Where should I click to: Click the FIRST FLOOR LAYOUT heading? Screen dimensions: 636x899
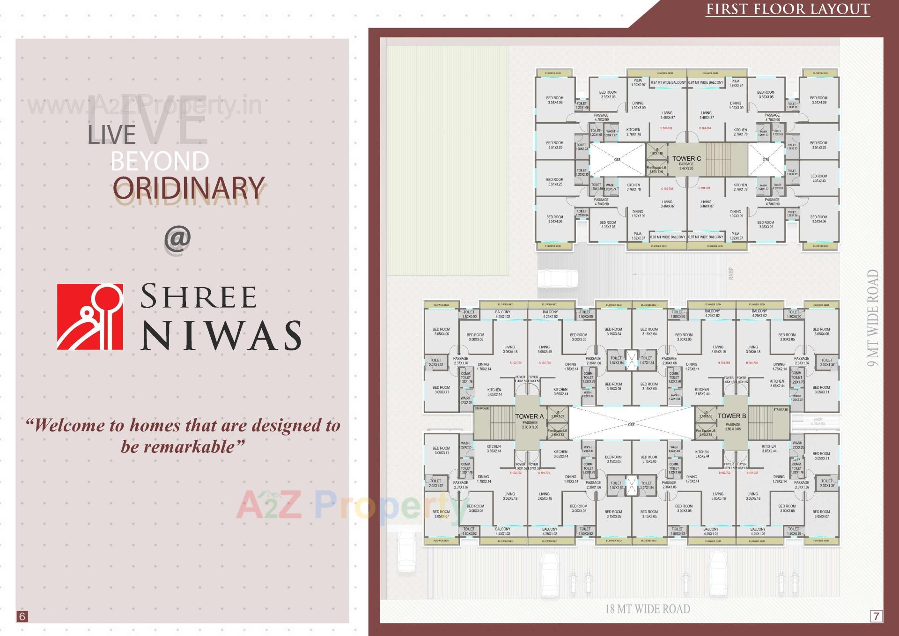(x=788, y=9)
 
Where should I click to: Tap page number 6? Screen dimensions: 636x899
(x=22, y=616)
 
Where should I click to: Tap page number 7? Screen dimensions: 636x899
(x=876, y=616)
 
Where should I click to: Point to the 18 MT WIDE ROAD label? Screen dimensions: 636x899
(x=648, y=609)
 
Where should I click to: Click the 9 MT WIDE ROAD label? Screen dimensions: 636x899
(x=873, y=318)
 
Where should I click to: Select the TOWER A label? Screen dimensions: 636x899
(x=529, y=416)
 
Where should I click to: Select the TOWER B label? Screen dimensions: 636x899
(x=732, y=416)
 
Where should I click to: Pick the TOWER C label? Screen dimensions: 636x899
(x=686, y=158)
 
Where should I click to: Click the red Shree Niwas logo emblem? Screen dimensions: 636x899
(x=90, y=317)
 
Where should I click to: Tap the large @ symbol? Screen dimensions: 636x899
(x=177, y=239)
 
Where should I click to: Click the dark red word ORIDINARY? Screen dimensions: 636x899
(x=189, y=188)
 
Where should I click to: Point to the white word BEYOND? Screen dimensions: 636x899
(x=160, y=162)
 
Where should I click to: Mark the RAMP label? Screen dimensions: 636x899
(x=731, y=274)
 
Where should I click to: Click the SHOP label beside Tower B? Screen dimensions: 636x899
(x=818, y=420)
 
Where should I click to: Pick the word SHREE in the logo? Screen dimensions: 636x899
(x=199, y=296)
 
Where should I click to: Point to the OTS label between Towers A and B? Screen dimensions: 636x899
(x=631, y=424)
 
